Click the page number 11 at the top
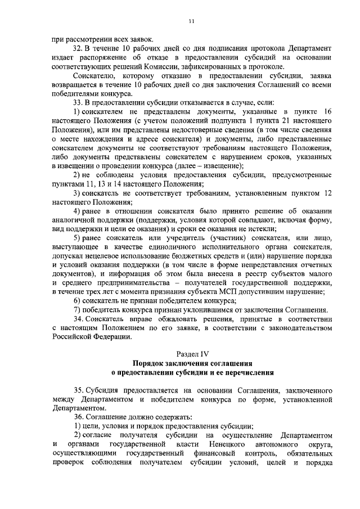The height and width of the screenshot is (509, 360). (192, 21)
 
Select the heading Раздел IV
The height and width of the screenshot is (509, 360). (192, 354)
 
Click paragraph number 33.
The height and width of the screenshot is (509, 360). (79, 102)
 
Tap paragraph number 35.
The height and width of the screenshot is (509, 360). (79, 390)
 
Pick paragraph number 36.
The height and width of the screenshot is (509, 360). (79, 417)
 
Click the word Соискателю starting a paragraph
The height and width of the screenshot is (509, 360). (94, 75)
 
